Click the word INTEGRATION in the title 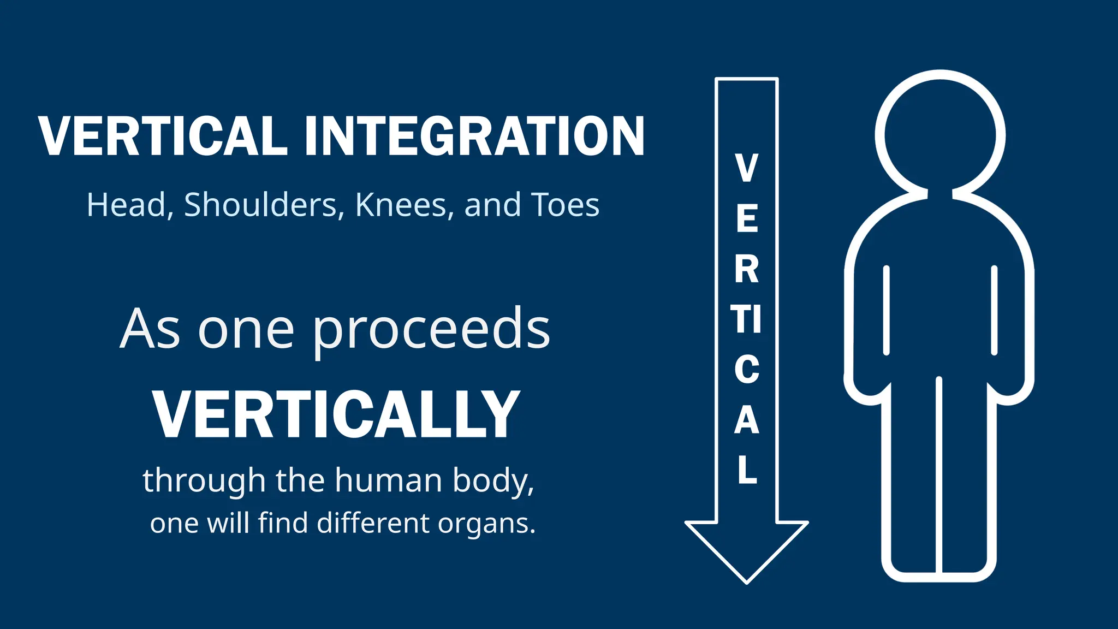coord(474,137)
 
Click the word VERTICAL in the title coord(163,137)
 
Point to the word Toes coord(564,205)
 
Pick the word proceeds coord(431,331)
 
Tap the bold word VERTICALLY coord(336,415)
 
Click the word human coord(388,480)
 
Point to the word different coord(373,523)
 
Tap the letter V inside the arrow coord(746,168)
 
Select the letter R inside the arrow coord(746,269)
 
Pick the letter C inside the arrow coord(746,370)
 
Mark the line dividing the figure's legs coord(939,475)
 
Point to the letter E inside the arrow coord(747,218)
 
